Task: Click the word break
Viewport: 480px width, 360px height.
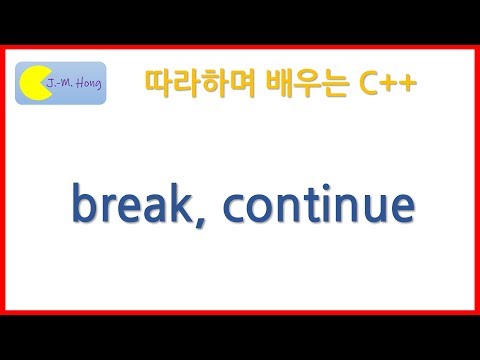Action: [133, 205]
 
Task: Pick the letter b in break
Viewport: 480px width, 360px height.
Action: [83, 203]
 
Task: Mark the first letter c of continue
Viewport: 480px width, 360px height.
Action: [234, 208]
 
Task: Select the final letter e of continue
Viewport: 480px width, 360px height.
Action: [400, 208]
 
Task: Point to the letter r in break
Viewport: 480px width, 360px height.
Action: [108, 208]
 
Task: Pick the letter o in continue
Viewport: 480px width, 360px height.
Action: [259, 208]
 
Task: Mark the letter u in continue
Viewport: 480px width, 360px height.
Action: [372, 208]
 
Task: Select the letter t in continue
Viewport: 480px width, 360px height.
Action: [312, 206]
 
